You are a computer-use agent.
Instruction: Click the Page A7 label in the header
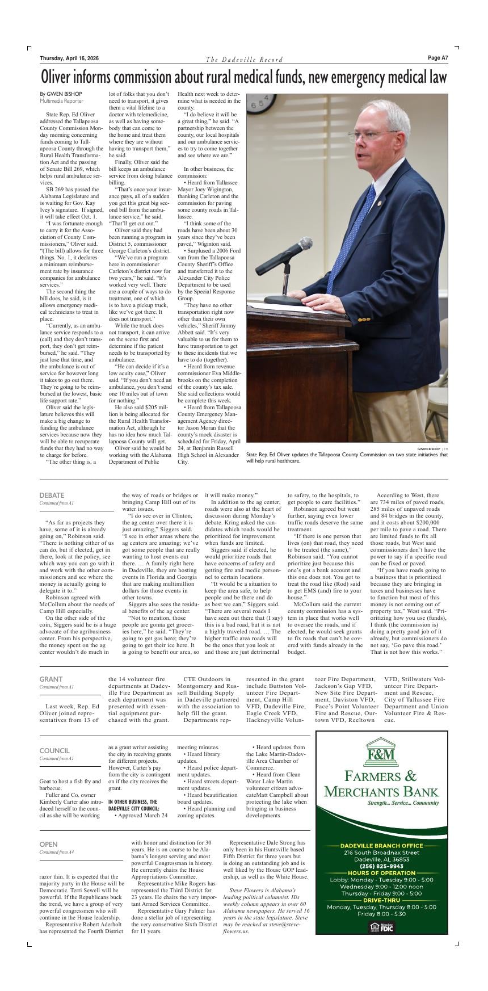437,57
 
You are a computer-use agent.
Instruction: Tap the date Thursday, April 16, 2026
69,58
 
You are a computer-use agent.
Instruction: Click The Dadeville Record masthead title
244,60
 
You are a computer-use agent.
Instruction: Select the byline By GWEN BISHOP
61,94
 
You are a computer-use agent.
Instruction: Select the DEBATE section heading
52,495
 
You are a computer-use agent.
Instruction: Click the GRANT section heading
51,679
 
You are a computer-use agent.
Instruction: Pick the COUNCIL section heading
54,750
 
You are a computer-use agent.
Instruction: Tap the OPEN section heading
48,844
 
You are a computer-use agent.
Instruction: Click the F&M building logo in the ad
381,753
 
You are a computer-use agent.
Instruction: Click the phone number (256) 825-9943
381,866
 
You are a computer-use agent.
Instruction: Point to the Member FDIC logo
381,927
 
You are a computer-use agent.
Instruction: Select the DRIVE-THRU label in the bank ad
381,900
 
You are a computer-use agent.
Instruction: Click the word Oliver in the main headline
61,77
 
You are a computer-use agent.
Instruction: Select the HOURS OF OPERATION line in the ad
381,873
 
